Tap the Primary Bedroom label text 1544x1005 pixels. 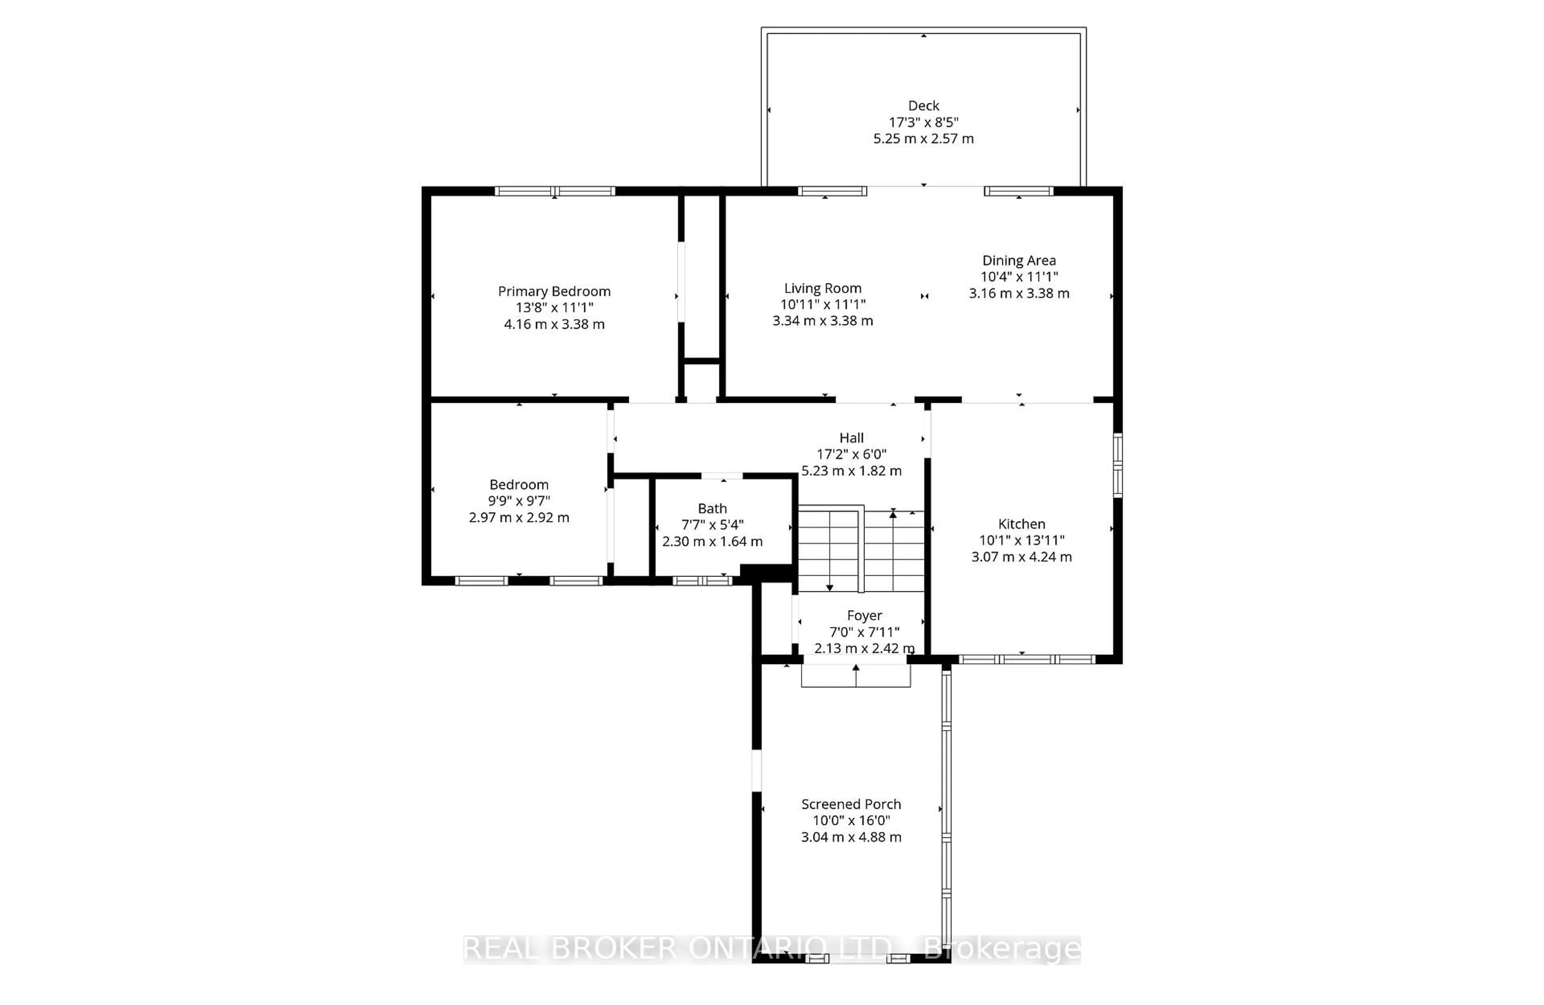554,291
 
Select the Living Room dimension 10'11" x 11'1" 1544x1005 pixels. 823,304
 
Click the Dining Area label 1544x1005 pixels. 1018,260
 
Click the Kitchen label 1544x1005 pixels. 1021,523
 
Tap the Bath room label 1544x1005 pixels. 712,509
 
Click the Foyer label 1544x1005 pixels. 864,615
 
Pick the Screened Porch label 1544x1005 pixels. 850,804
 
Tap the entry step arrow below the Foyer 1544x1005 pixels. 856,668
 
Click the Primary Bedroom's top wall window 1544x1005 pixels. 554,191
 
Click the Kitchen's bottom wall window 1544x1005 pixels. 1027,660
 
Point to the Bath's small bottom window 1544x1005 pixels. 702,580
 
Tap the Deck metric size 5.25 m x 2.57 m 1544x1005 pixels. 923,139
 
